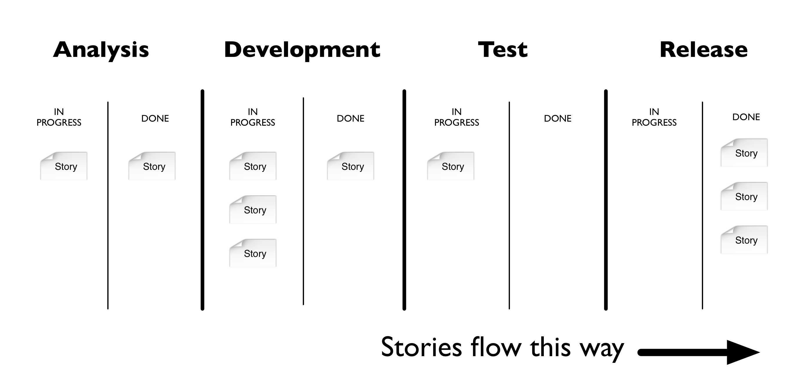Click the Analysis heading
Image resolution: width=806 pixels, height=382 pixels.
click(101, 50)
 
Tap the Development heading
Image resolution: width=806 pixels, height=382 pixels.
click(302, 50)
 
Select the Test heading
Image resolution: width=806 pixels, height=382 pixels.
click(503, 50)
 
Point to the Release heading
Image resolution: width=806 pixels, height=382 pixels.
click(703, 50)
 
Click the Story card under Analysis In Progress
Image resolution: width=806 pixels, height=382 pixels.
click(64, 166)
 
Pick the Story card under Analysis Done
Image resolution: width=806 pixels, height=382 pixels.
click(152, 166)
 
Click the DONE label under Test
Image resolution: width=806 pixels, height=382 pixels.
click(557, 118)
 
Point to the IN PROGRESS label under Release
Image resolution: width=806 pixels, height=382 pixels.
click(654, 117)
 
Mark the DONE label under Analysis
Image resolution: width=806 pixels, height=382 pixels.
click(155, 118)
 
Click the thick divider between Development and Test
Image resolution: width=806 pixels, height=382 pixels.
click(404, 200)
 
